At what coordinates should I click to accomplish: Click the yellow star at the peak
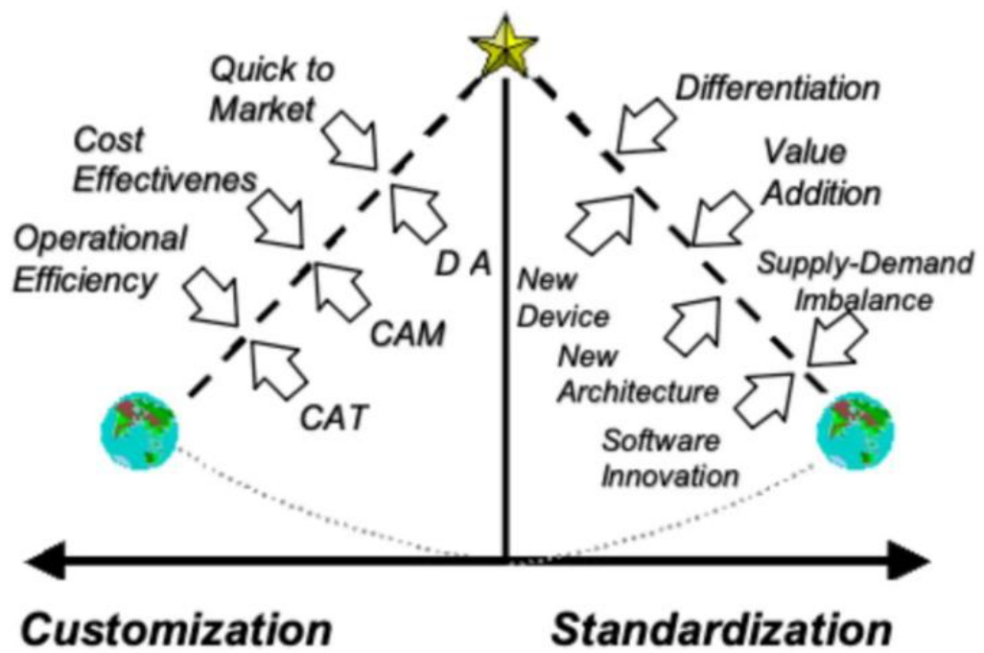[504, 48]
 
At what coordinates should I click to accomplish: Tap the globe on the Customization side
[139, 431]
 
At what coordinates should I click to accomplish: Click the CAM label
[409, 335]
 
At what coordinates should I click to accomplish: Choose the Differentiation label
[778, 89]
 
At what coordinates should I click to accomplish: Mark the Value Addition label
[821, 173]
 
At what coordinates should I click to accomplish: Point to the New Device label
[562, 297]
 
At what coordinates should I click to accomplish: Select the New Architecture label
[637, 375]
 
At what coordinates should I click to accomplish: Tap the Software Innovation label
[670, 457]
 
